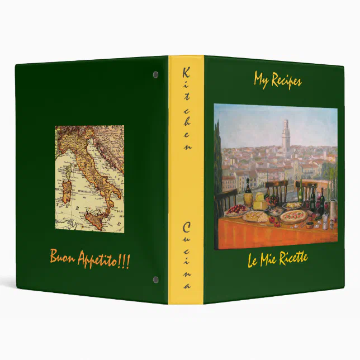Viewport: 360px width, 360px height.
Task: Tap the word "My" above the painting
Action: click(x=261, y=80)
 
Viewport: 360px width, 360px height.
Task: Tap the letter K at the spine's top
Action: click(x=187, y=72)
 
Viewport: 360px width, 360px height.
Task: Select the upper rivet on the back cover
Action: click(x=155, y=74)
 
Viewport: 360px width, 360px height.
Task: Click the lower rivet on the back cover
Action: click(x=155, y=280)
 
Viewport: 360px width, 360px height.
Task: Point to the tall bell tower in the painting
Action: click(x=286, y=137)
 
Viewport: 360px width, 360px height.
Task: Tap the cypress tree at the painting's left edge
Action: click(x=217, y=168)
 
